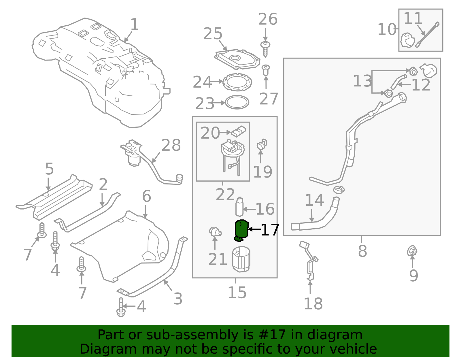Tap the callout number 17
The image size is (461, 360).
(x=270, y=230)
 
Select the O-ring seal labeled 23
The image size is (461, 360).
(x=237, y=102)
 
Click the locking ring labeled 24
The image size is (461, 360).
(x=237, y=82)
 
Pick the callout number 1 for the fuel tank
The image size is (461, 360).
(x=134, y=24)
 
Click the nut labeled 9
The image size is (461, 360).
(x=412, y=251)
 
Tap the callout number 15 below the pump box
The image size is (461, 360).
(x=237, y=293)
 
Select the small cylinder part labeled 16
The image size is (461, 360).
(x=239, y=207)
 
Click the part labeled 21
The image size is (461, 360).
(x=215, y=232)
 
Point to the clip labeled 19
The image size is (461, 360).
(x=262, y=144)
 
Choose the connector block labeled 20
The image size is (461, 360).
(x=238, y=131)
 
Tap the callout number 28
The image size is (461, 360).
(x=171, y=145)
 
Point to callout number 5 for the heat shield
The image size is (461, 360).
(x=49, y=169)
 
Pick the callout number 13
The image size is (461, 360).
(x=362, y=81)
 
